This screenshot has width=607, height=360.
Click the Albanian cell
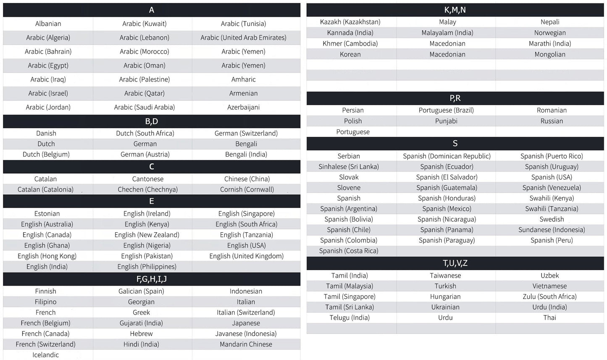tap(48, 24)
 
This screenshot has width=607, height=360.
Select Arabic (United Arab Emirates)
tap(243, 38)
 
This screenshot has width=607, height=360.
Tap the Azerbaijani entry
tap(243, 108)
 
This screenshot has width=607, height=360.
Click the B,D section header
tap(151, 121)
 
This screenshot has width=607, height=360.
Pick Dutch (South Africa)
tap(145, 134)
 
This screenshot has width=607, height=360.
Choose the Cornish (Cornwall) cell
tap(247, 189)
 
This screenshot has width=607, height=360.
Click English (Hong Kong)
tap(47, 256)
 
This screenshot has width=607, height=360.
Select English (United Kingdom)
tap(246, 256)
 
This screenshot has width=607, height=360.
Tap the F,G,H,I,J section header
tap(151, 279)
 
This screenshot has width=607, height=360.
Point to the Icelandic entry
tap(45, 355)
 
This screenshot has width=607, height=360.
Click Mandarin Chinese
tap(246, 344)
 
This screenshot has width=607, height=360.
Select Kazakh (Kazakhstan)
tap(350, 22)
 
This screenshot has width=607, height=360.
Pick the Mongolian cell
tap(549, 55)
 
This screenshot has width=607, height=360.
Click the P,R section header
tap(455, 98)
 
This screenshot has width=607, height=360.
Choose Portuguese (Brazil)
tap(446, 110)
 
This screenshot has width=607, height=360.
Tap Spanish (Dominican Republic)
tap(447, 156)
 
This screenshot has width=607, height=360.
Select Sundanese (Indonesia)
tap(552, 230)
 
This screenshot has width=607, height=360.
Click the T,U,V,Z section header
tap(455, 263)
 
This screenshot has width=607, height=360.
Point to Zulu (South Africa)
tap(549, 297)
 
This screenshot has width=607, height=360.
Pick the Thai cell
tap(549, 318)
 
